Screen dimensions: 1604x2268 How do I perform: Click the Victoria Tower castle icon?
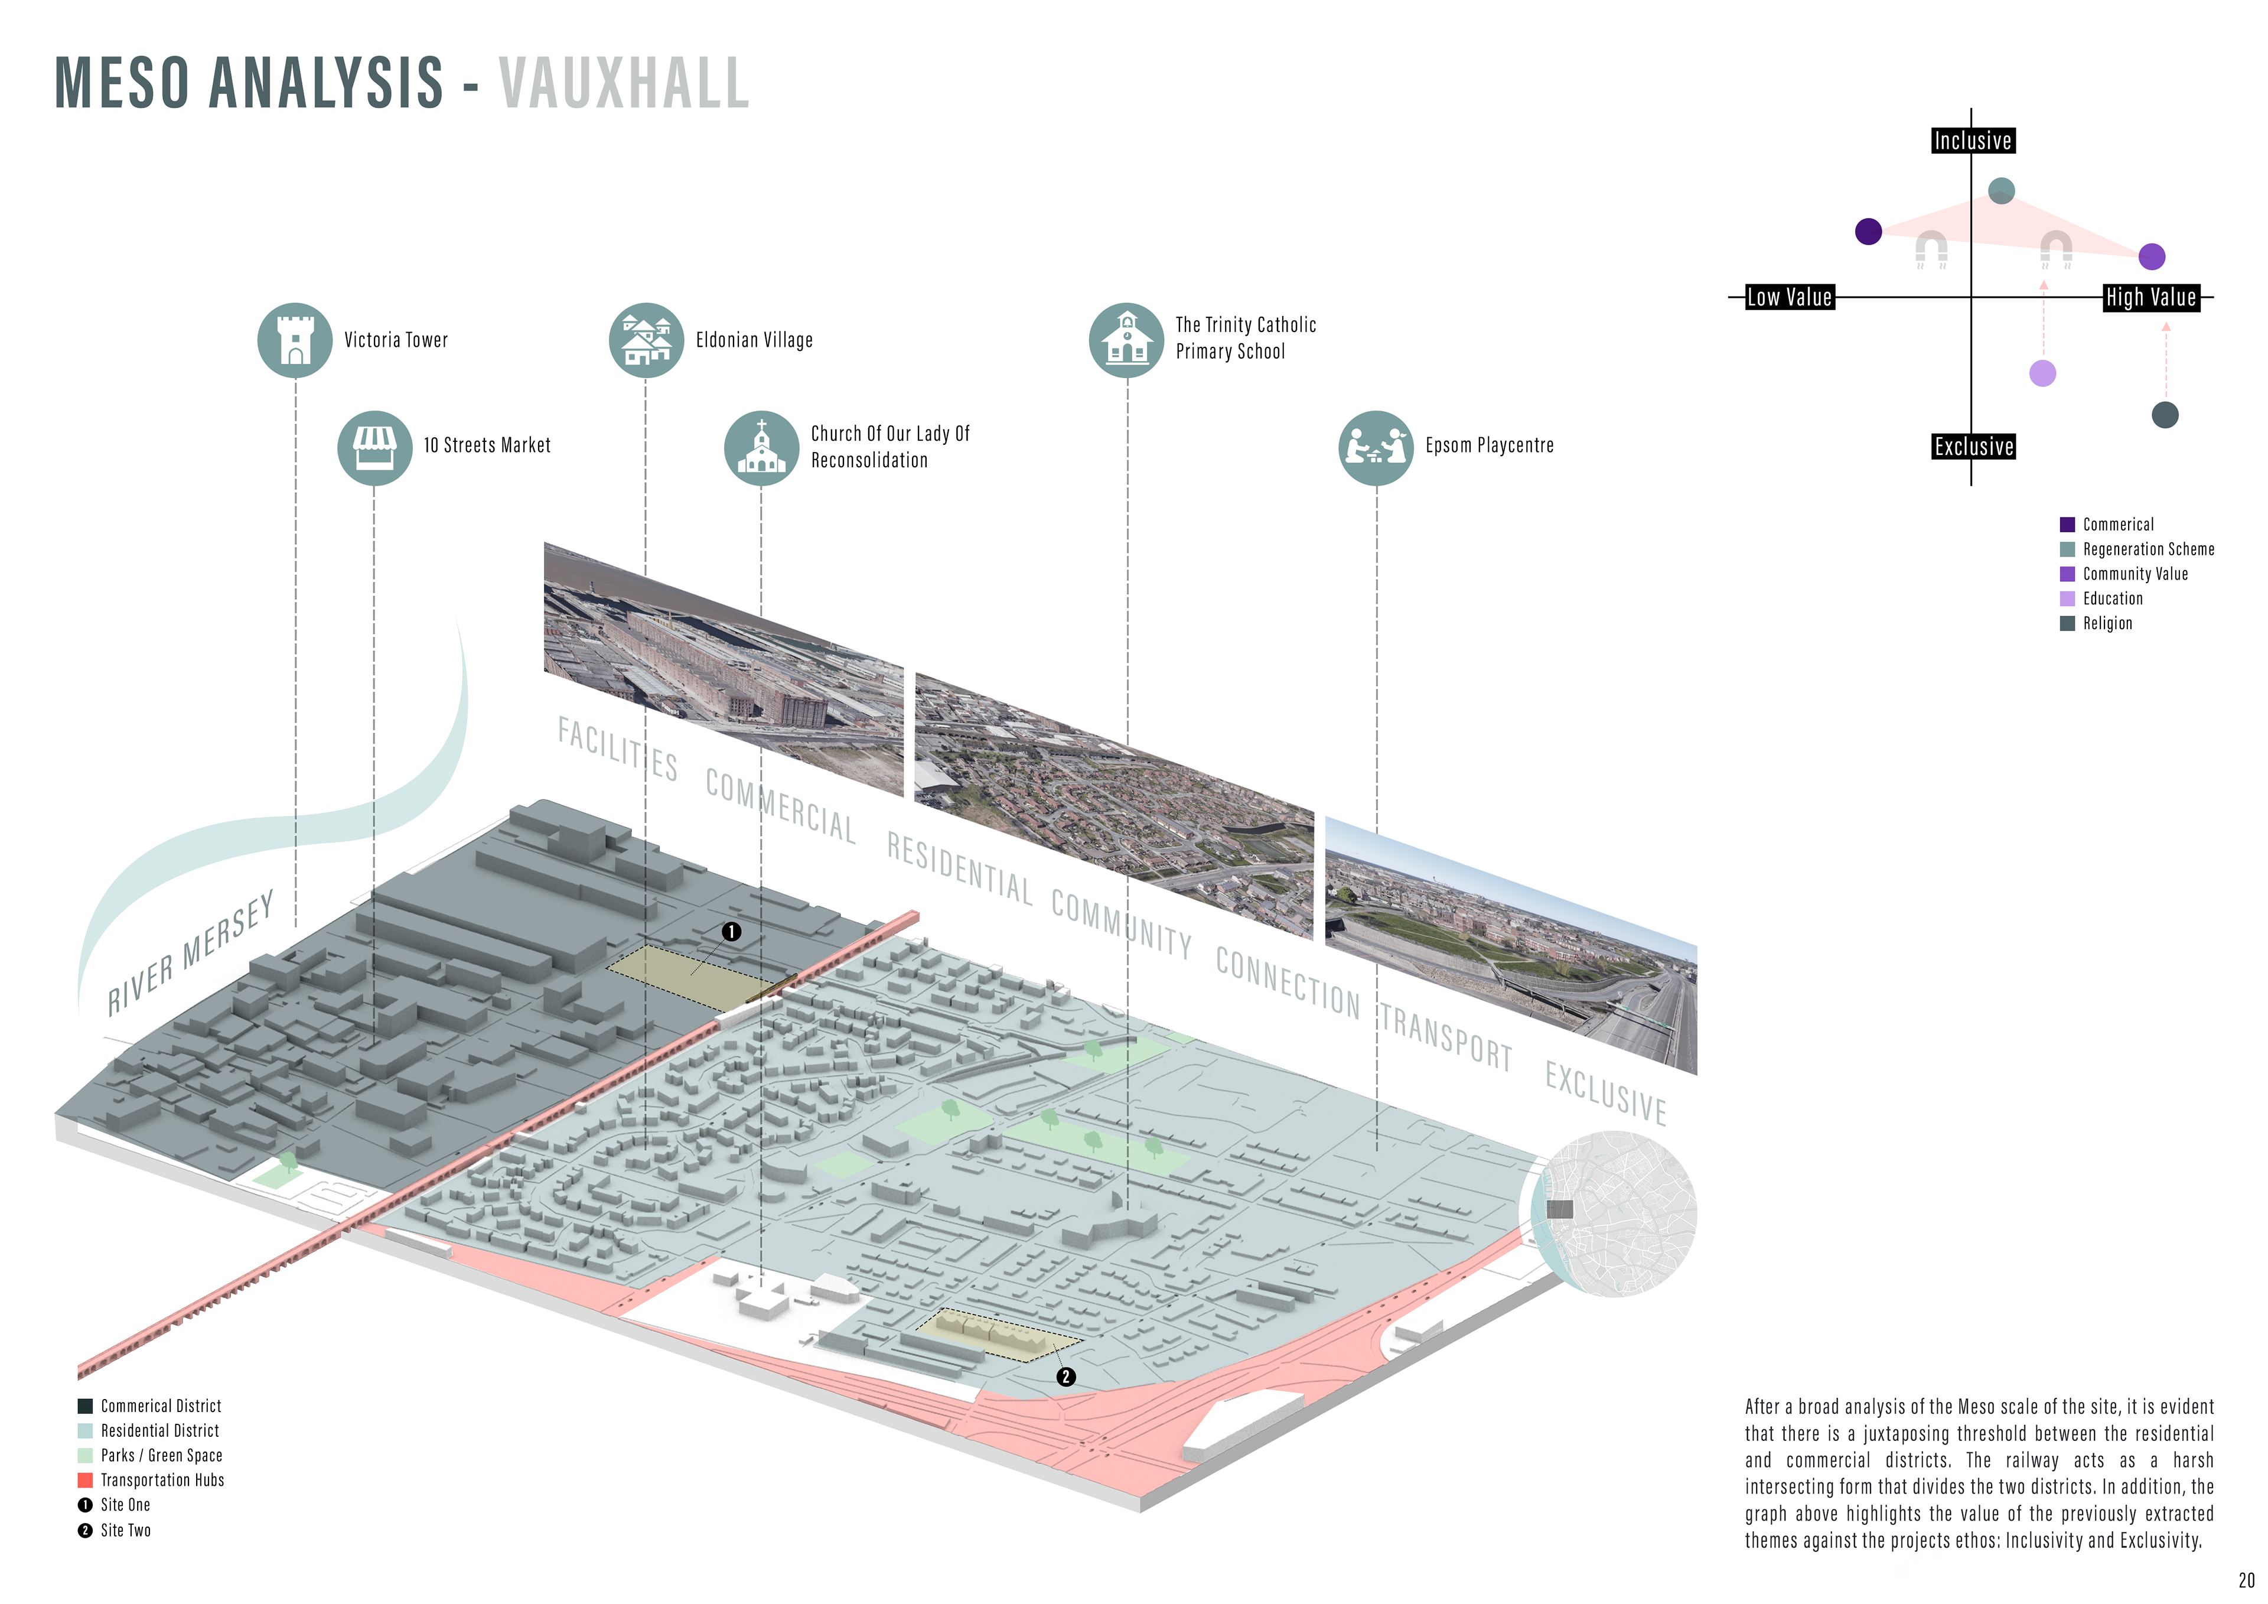[x=294, y=340]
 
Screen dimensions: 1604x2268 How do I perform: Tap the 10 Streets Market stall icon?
[x=374, y=448]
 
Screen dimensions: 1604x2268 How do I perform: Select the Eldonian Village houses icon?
[x=646, y=340]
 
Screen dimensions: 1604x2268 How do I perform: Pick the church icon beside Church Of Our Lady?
[x=761, y=448]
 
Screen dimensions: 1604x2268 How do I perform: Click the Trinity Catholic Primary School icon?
[x=1126, y=340]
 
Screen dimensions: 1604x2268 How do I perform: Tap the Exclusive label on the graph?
[x=1973, y=447]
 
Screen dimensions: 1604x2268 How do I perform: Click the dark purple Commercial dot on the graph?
[x=1868, y=231]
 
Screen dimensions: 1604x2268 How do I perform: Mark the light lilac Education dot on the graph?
[x=2042, y=373]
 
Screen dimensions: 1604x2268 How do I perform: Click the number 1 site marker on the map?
[x=731, y=932]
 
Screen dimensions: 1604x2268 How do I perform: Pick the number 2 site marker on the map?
[x=1065, y=1377]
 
